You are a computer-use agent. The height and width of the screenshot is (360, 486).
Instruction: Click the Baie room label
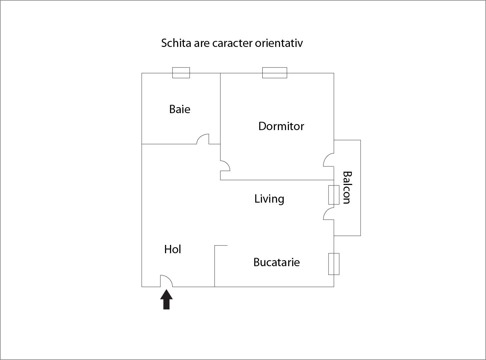click(x=180, y=109)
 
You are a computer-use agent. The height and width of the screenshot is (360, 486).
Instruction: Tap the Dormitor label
click(x=281, y=126)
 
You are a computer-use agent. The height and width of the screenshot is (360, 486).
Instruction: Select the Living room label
click(x=269, y=199)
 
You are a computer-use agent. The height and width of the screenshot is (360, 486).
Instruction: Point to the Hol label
click(x=172, y=249)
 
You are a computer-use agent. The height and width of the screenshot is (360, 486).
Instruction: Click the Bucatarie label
click(x=277, y=262)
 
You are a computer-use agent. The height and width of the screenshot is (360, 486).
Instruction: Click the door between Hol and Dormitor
click(x=225, y=166)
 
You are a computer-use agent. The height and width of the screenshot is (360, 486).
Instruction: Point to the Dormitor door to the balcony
click(x=329, y=160)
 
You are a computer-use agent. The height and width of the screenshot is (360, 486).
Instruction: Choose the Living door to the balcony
click(x=329, y=214)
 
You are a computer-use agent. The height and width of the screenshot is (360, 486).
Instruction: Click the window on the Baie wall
click(x=181, y=73)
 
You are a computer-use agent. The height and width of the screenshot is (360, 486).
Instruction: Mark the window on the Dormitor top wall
click(x=275, y=73)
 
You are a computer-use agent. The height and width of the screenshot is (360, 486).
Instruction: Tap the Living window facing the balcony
click(x=334, y=195)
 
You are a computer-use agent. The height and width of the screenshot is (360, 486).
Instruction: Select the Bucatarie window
click(x=334, y=264)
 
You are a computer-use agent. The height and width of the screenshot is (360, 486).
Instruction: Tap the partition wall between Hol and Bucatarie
click(x=215, y=266)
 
